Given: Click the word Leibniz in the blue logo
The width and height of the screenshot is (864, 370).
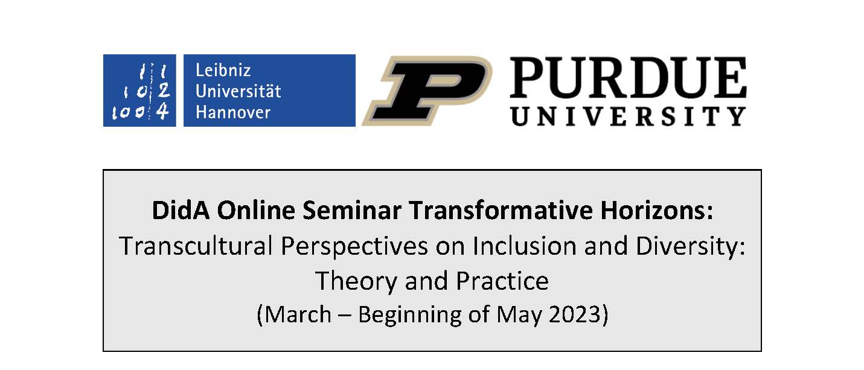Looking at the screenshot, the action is click(223, 70).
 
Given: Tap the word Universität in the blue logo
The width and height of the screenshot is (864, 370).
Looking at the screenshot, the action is click(238, 91).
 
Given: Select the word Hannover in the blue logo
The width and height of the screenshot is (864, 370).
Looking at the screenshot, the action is click(233, 112).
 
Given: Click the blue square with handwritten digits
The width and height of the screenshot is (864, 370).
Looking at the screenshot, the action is click(139, 91).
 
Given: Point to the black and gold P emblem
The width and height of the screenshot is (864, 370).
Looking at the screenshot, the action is click(427, 91).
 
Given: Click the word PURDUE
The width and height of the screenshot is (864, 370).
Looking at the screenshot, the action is click(629, 77).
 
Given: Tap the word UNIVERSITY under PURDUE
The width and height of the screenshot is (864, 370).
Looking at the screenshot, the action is click(629, 116).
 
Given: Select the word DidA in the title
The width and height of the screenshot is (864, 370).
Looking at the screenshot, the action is click(181, 211).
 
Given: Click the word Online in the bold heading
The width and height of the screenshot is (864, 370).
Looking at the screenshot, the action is click(256, 211).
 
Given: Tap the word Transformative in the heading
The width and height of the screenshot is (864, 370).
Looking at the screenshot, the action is click(501, 211).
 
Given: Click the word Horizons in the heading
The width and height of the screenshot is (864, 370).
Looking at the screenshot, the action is click(653, 211).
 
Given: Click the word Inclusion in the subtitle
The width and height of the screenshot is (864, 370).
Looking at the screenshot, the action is click(525, 246).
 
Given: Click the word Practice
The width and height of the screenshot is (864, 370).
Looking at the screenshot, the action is click(502, 281).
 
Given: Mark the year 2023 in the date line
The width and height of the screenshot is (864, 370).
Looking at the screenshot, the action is click(575, 314).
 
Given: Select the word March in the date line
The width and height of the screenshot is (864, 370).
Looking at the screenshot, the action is click(298, 314).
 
